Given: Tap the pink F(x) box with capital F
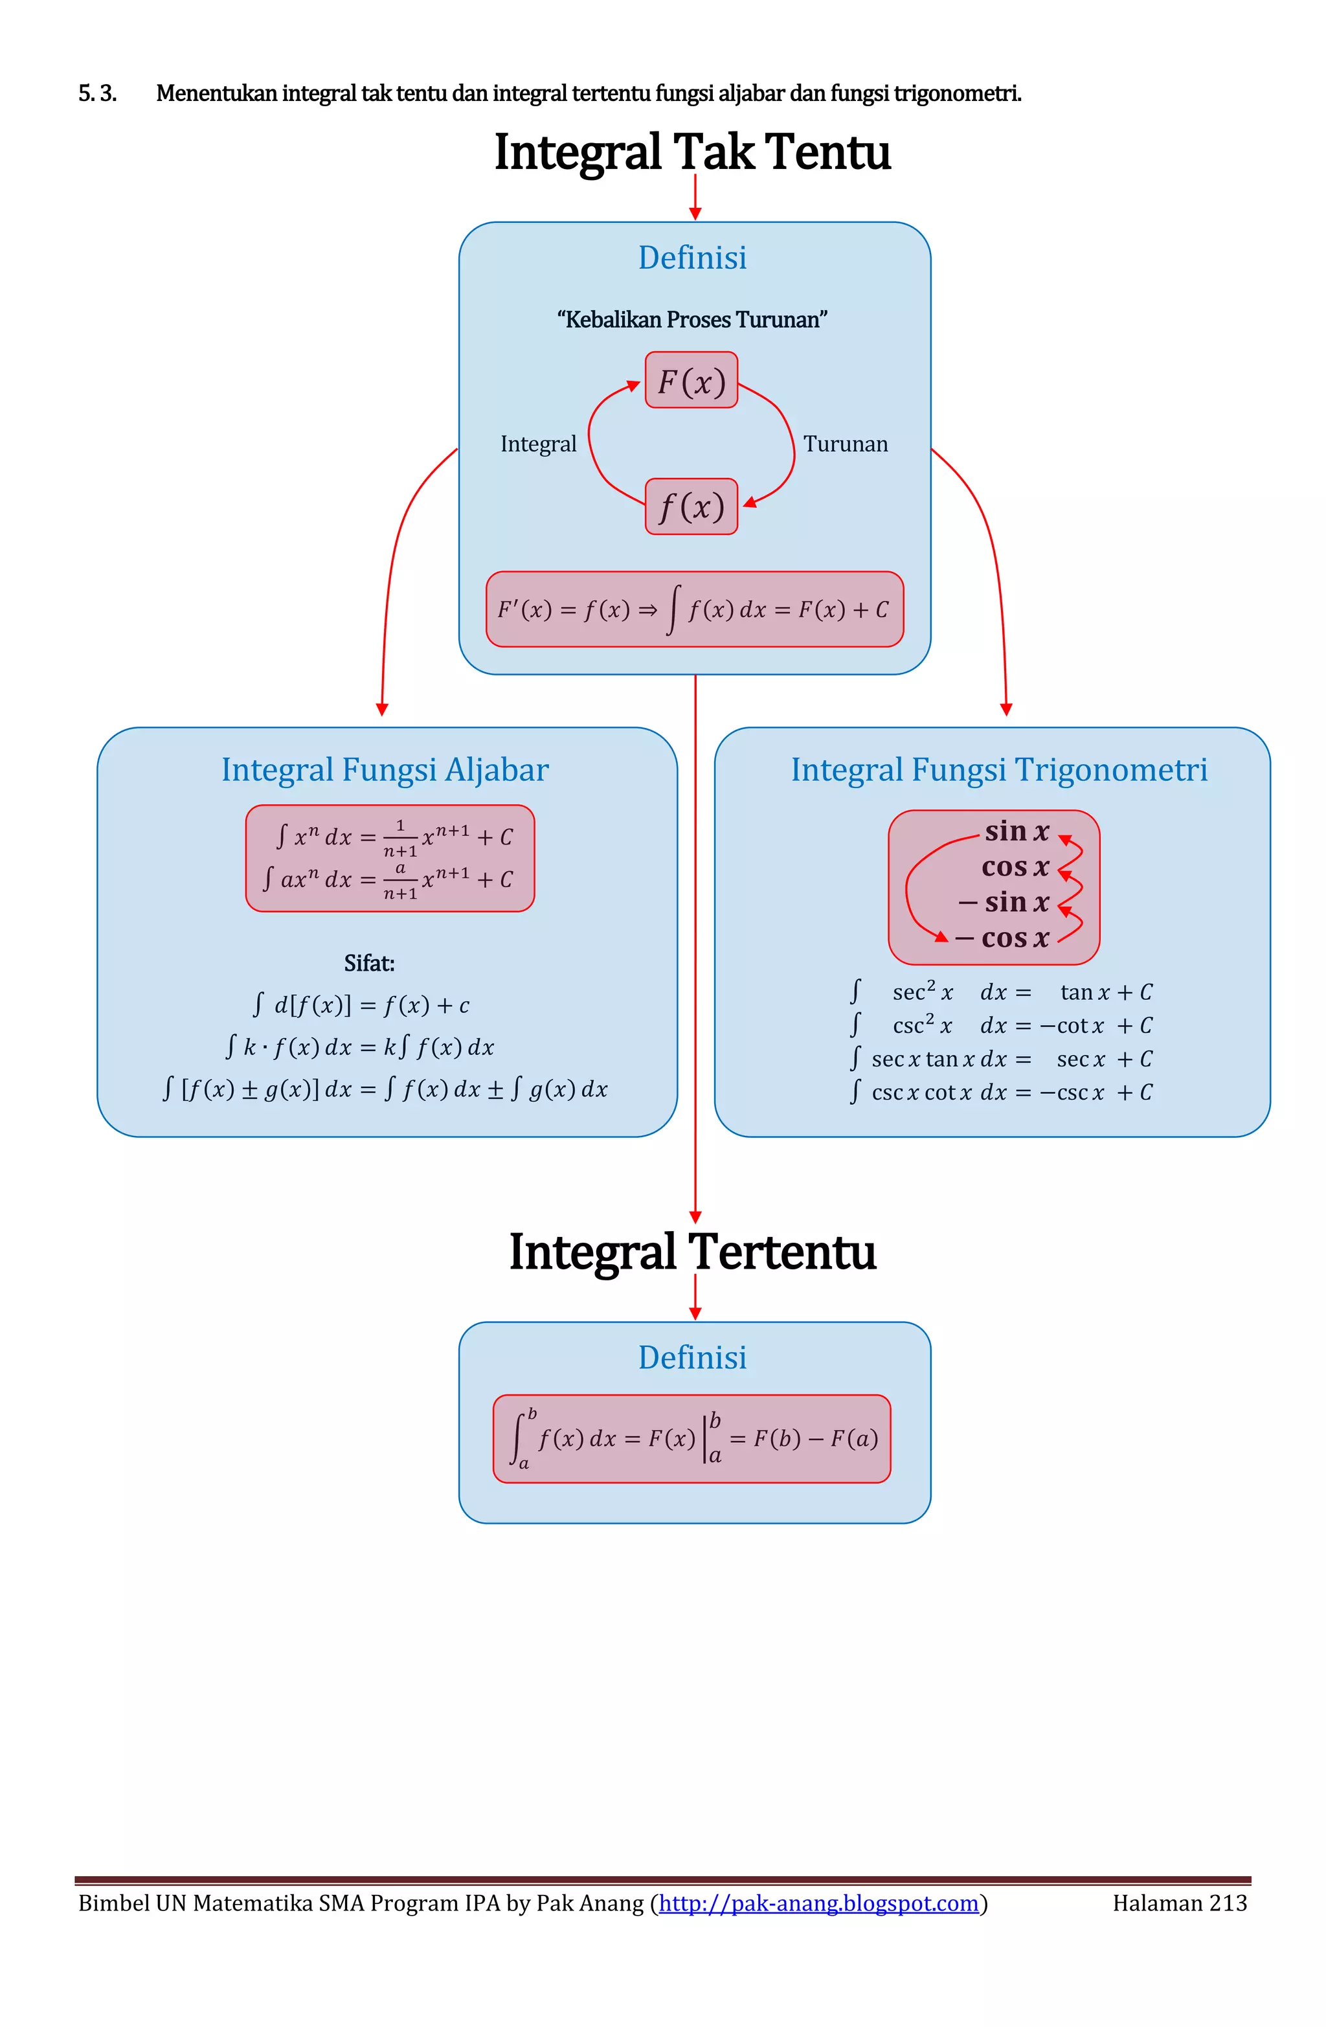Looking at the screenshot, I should click(691, 381).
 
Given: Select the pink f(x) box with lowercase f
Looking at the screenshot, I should click(691, 506).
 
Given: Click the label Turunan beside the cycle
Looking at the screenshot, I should click(845, 444).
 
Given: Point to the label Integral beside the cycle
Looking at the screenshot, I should click(538, 444).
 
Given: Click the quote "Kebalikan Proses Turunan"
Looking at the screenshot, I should click(691, 320).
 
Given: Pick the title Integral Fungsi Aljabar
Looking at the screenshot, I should click(385, 770).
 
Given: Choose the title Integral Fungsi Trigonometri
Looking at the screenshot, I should click(999, 770).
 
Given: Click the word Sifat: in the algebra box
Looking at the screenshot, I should click(369, 963).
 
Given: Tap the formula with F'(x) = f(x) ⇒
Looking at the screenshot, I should click(693, 609).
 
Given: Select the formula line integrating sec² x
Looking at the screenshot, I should click(1001, 992).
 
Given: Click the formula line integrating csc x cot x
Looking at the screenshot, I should click(1001, 1093).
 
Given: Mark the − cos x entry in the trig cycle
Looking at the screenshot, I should click(1002, 938).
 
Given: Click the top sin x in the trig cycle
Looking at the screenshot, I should click(1017, 832).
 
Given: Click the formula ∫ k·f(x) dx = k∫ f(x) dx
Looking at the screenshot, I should click(359, 1047).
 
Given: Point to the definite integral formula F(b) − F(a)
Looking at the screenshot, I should click(691, 1438).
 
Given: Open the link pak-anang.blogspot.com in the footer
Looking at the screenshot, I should click(818, 1903).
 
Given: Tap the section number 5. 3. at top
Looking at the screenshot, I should click(97, 94).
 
